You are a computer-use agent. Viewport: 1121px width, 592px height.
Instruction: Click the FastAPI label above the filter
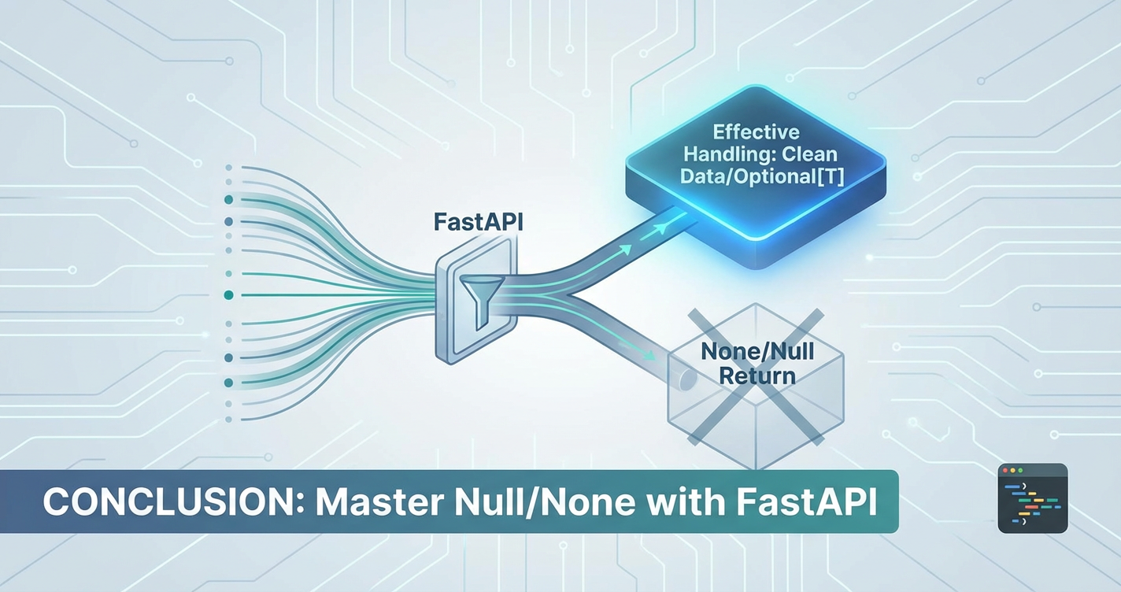click(478, 222)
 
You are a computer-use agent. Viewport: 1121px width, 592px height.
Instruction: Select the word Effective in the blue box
click(756, 132)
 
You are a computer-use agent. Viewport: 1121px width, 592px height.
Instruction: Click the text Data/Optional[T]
click(762, 176)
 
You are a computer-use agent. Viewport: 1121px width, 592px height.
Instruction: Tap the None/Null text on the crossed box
click(757, 352)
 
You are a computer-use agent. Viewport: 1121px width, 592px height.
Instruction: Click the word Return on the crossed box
click(757, 376)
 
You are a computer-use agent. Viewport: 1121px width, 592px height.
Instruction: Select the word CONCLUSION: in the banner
click(174, 502)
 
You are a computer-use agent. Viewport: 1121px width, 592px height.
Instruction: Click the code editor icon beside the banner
click(1032, 498)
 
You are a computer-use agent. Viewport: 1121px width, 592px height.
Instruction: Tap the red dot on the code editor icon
click(1005, 471)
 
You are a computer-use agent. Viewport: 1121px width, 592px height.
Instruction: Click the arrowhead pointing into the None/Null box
click(649, 355)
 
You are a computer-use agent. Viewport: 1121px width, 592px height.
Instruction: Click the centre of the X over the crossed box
click(756, 376)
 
